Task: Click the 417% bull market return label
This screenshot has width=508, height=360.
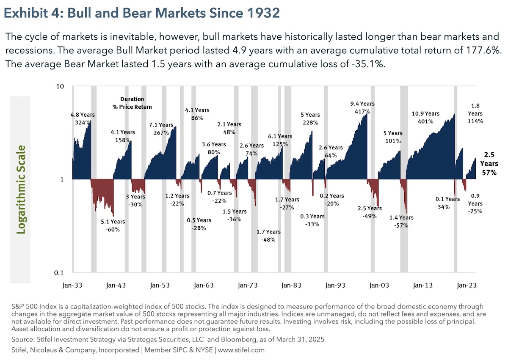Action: [362, 112]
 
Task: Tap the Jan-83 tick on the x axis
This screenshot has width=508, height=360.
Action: [291, 285]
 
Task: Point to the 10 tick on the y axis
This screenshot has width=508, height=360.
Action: [60, 87]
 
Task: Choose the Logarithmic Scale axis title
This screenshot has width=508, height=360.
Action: [20, 190]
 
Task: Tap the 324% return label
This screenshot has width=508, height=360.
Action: [83, 123]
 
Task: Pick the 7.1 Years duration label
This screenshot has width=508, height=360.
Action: [161, 125]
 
